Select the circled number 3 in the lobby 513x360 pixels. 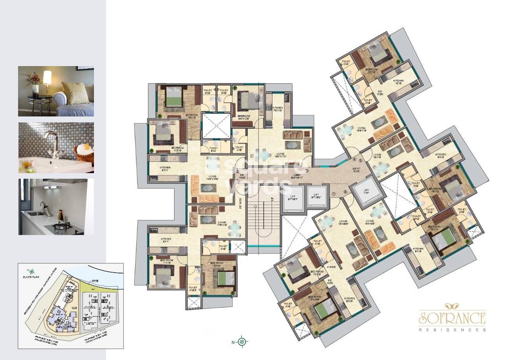307,170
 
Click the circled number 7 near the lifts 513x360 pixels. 333,194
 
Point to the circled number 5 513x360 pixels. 360,161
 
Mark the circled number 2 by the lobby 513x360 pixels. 237,171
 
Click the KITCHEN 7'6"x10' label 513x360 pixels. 278,109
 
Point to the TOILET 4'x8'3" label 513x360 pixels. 193,289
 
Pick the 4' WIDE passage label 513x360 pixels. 331,267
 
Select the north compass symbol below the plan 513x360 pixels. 243,342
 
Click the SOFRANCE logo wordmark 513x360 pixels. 452,317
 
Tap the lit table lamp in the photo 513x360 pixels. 47,78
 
